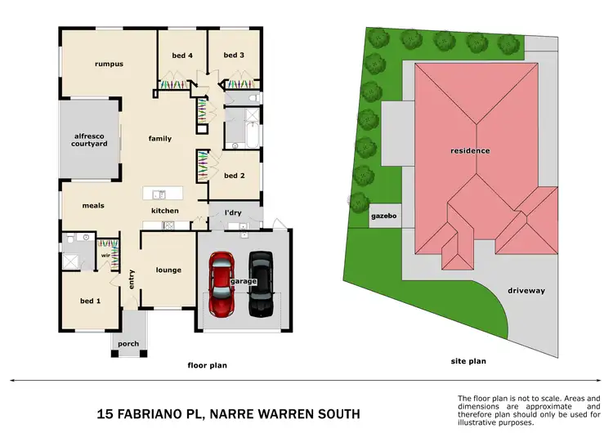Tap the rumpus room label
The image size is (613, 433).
(108, 63)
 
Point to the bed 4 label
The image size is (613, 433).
(182, 55)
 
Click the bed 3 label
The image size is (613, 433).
(235, 55)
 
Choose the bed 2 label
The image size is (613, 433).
(235, 176)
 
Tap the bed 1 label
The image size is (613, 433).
(90, 301)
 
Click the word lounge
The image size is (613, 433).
(168, 270)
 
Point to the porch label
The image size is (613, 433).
(128, 344)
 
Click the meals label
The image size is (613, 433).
(93, 205)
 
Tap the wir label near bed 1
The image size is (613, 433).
(105, 256)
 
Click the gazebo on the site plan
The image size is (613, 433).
(383, 218)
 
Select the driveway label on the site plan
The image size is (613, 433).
(526, 290)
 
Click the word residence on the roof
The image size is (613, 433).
(470, 150)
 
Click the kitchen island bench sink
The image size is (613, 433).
(159, 194)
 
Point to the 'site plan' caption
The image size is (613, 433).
(469, 360)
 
